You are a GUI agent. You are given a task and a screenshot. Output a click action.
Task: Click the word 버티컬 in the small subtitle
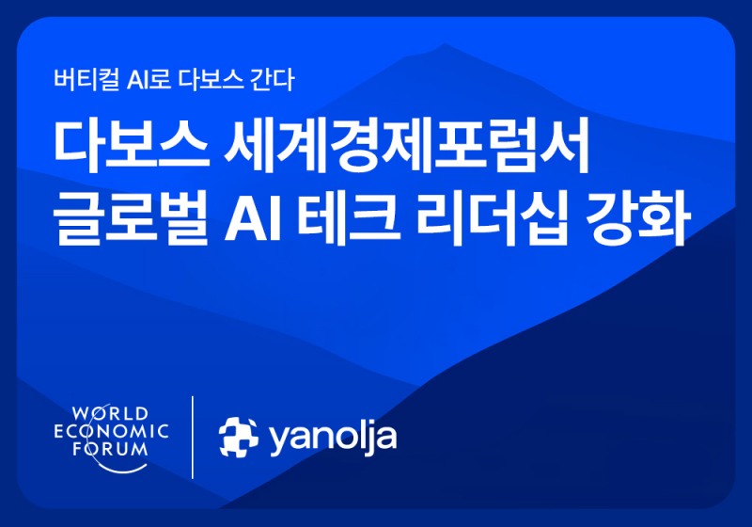tap(82, 79)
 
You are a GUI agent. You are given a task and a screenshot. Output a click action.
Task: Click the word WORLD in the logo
tap(110, 413)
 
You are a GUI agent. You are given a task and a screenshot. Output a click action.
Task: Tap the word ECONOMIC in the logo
tap(111, 431)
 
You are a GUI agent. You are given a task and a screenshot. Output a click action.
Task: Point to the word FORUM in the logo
tap(111, 449)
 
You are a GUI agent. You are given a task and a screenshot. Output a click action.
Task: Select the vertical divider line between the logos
tap(193, 437)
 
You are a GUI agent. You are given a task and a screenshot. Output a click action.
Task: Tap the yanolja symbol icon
tap(239, 436)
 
